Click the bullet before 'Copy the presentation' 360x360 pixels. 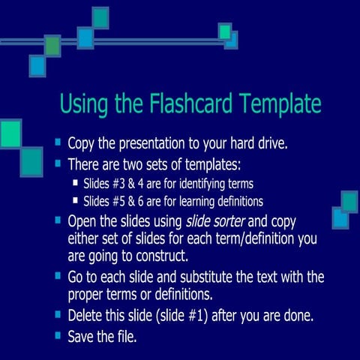pyautogui.click(x=58, y=142)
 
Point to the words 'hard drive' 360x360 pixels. pyautogui.click(x=265, y=143)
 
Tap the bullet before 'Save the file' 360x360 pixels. pyautogui.click(x=58, y=335)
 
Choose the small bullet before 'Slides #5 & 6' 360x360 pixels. pyautogui.click(x=75, y=200)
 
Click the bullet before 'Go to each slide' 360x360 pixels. pyautogui.click(x=58, y=276)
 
